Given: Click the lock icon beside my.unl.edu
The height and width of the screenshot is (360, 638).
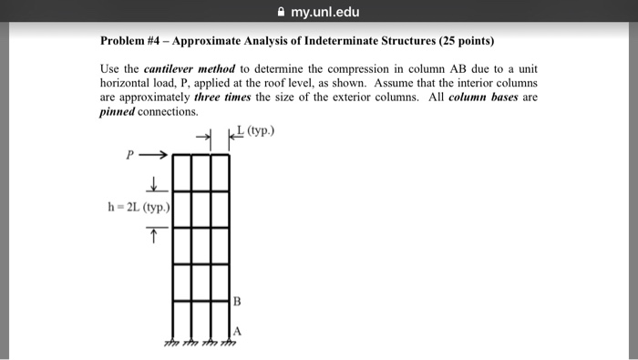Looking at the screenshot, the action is [x=273, y=12].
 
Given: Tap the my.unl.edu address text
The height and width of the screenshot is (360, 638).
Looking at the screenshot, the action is [x=324, y=12].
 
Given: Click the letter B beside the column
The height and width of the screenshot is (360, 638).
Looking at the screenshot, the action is [x=237, y=301].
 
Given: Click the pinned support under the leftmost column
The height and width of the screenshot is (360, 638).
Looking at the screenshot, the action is [x=170, y=343].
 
